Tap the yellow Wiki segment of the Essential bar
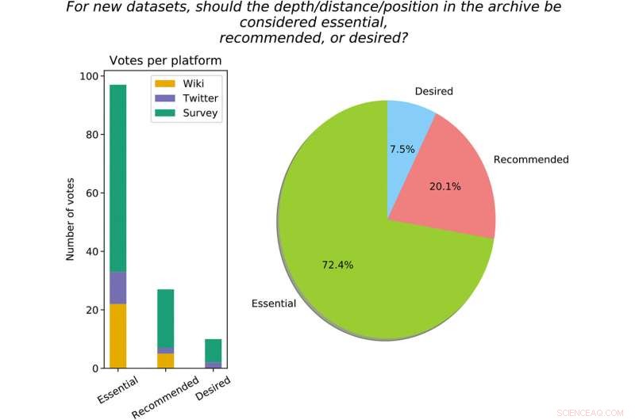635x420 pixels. tap(117, 336)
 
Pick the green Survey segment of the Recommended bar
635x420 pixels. tap(165, 318)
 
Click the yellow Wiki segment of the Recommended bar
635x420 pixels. tap(165, 361)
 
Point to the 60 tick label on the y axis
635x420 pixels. tap(91, 193)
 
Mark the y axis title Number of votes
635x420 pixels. tap(70, 218)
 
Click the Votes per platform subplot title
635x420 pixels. tap(165, 60)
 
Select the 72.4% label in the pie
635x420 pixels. tap(337, 265)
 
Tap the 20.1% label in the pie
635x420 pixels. tap(444, 186)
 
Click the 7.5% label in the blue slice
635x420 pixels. tap(402, 149)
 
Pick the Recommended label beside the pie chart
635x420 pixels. tap(531, 159)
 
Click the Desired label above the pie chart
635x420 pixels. tap(434, 91)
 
